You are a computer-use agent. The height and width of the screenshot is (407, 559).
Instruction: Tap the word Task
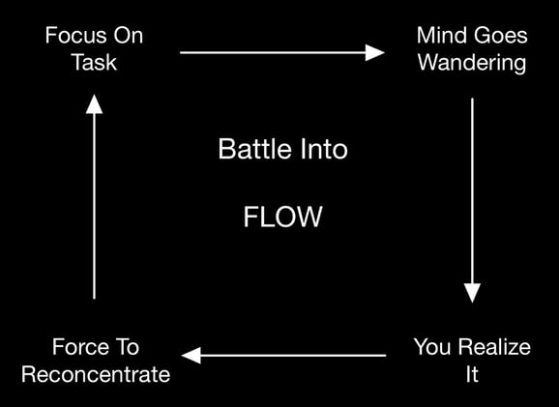(93, 63)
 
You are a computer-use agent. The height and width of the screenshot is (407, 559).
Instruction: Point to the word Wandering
(472, 63)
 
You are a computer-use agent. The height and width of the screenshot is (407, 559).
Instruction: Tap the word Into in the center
(319, 150)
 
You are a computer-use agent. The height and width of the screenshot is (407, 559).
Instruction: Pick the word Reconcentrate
(95, 373)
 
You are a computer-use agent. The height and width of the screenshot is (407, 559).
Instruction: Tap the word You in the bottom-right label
(431, 346)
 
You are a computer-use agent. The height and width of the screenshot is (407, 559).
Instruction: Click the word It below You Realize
(472, 373)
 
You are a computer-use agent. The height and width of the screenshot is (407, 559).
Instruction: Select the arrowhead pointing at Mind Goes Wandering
(374, 52)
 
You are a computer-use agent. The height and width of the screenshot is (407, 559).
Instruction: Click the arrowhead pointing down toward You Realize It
(472, 291)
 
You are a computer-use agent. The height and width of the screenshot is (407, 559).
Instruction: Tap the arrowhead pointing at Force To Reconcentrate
(193, 356)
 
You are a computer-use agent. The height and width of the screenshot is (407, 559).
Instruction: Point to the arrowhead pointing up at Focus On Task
(94, 101)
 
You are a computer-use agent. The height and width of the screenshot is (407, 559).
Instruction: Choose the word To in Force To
(129, 346)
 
